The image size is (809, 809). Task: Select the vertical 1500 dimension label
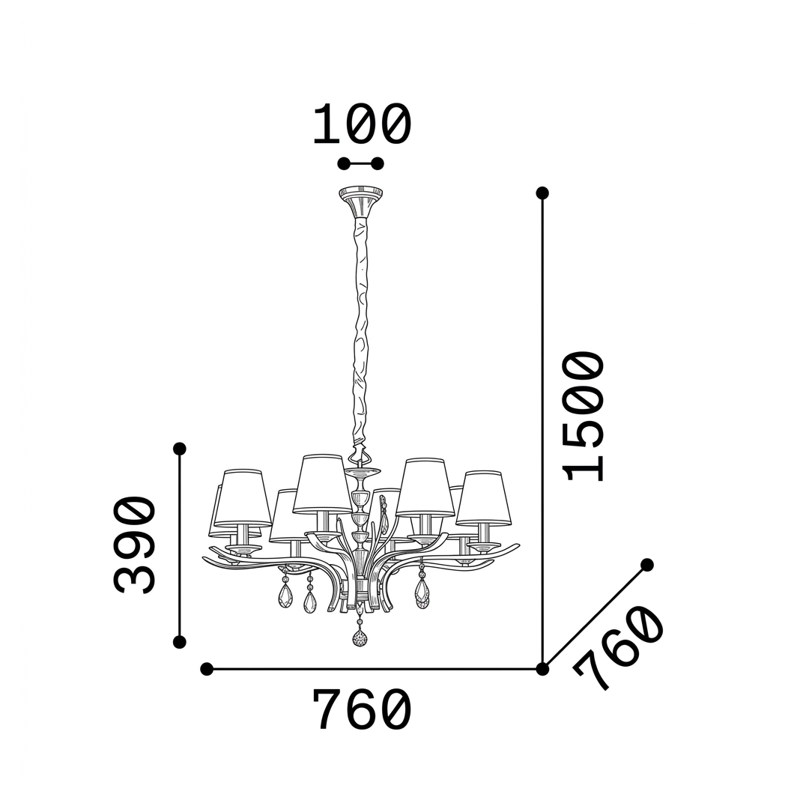click(x=584, y=416)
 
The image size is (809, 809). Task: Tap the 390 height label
click(x=134, y=545)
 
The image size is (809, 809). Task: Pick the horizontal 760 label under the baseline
click(x=362, y=709)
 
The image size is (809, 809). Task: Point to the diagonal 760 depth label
click(x=618, y=648)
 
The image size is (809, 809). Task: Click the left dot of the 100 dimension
click(x=344, y=164)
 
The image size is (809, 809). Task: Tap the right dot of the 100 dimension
click(x=378, y=164)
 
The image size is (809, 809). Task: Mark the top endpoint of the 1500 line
click(x=542, y=193)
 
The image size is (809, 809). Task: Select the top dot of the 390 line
click(x=180, y=449)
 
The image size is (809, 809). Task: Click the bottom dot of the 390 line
click(x=180, y=642)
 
